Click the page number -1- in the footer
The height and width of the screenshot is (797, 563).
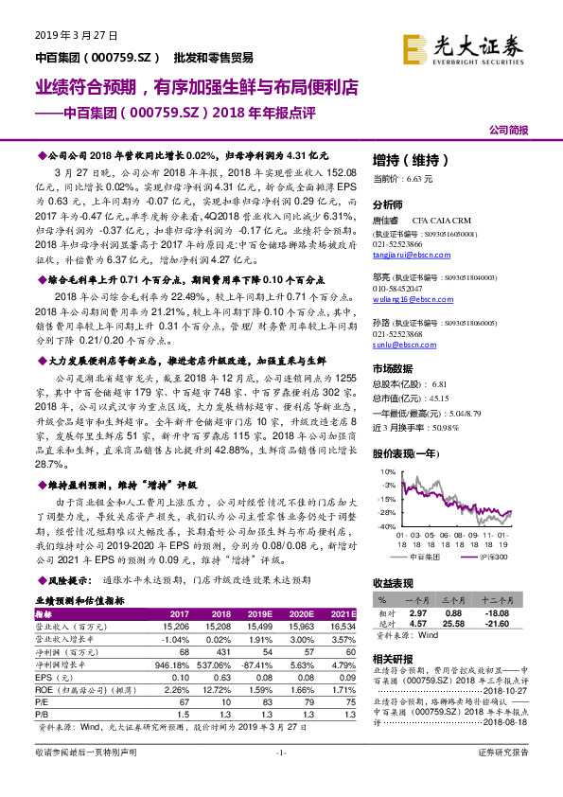(x=281, y=779)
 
